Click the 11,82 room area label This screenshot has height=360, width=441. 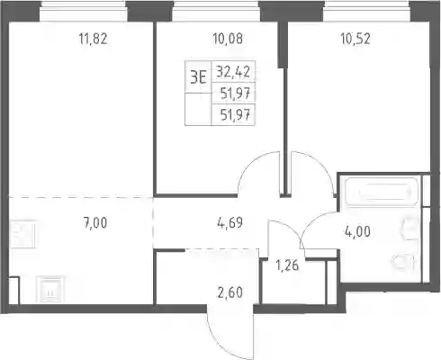93,39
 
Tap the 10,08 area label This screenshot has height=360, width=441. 228,39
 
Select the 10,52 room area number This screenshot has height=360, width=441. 355,39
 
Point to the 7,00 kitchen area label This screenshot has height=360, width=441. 95,223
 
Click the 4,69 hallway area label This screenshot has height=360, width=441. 229,223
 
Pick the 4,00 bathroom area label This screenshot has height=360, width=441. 357,232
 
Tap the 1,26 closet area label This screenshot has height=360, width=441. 287,265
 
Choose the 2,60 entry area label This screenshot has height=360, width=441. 230,292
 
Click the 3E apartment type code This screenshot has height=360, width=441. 198,78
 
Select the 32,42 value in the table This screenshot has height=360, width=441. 233,72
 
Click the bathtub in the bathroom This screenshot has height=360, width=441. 382,192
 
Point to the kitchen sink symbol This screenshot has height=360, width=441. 22,235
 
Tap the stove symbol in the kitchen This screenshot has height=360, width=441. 49,290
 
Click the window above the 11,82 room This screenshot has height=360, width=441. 84,11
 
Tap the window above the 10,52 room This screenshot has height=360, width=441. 366,11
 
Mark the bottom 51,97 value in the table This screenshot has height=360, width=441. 235,114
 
